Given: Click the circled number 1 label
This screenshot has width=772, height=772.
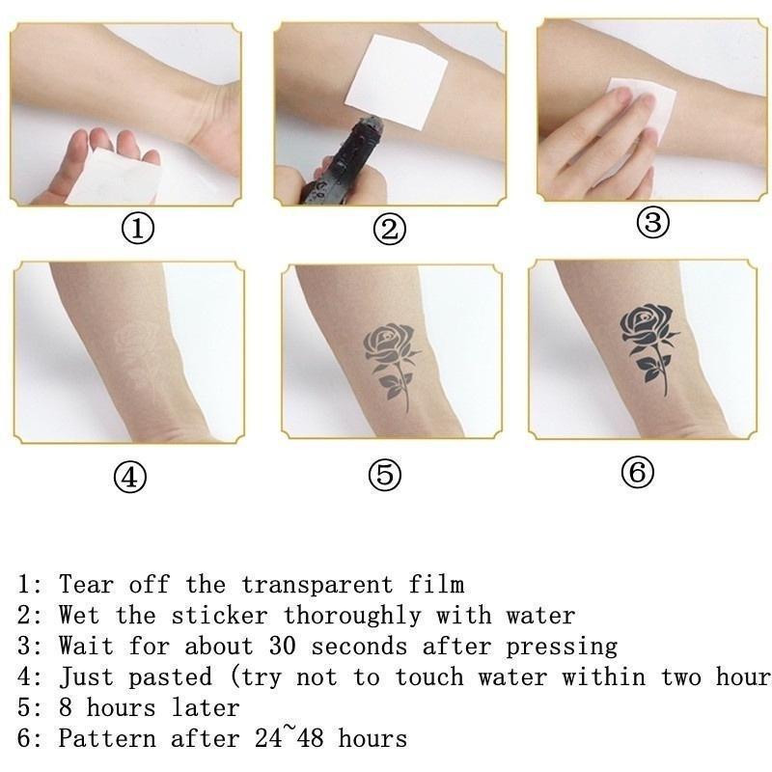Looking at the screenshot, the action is point(138,229).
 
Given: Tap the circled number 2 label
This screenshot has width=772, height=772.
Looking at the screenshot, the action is point(390,230).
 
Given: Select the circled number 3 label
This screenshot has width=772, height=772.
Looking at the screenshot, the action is point(653,222).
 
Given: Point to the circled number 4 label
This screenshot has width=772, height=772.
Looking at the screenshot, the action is point(130,477).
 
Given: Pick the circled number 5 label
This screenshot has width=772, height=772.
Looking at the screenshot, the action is point(385,475).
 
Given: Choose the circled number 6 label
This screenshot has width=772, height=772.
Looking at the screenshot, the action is point(638,472).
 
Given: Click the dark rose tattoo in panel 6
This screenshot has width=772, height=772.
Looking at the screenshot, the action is point(648,344).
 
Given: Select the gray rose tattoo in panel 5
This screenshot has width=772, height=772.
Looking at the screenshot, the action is point(392,367).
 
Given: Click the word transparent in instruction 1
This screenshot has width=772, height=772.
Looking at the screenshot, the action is point(317,585).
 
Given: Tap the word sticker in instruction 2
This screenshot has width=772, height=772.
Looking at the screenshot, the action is point(219,616).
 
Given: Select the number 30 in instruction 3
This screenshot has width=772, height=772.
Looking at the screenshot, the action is point(282,646).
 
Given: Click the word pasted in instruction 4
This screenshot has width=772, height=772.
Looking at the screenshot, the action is point(170,677).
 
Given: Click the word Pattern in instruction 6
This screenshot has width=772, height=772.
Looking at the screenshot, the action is point(107,738).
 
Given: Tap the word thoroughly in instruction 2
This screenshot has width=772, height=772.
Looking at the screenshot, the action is point(352,617).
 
